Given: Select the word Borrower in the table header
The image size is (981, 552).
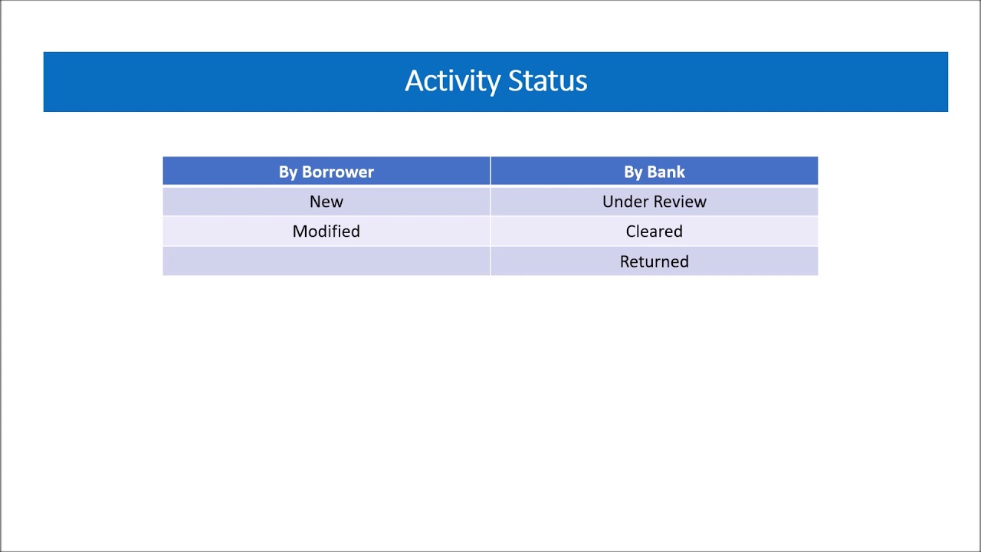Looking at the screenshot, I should click(338, 172).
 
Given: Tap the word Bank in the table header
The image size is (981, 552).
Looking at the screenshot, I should click(667, 172).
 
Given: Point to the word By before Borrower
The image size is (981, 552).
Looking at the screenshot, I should click(288, 172).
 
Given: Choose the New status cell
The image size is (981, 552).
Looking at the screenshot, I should click(326, 202).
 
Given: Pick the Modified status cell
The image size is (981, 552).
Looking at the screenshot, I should click(326, 232).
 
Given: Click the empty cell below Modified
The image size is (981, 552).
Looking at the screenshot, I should click(326, 261).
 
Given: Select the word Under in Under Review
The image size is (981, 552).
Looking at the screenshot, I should click(624, 202).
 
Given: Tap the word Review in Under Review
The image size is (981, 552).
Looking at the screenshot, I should click(679, 202).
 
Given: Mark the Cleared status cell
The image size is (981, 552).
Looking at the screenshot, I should click(654, 232).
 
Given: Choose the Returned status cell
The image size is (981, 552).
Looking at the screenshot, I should click(654, 261).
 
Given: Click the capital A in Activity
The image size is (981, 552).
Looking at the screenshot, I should click(413, 81).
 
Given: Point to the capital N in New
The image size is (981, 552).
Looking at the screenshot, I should click(315, 202).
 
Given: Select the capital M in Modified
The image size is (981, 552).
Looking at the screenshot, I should click(299, 232).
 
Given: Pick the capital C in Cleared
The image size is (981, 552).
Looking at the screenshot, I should click(631, 232).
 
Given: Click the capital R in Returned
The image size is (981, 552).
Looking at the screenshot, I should click(625, 261).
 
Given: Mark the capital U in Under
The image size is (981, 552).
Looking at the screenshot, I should click(608, 202).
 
